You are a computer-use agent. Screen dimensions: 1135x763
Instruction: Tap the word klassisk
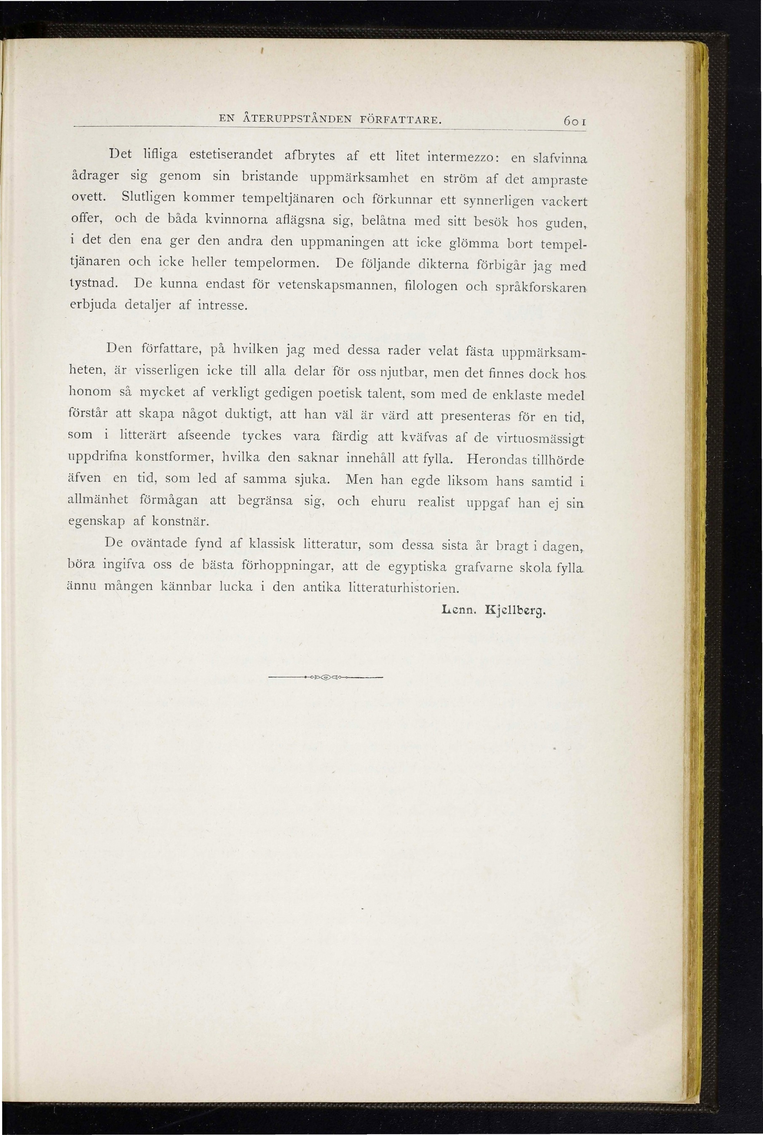[x=271, y=543]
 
